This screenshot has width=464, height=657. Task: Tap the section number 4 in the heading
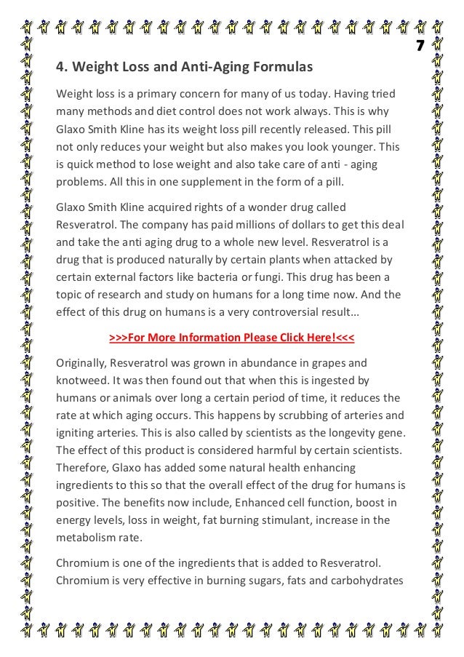[x=60, y=68]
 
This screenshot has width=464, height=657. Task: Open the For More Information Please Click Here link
[x=231, y=338]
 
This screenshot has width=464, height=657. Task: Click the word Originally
[x=84, y=363]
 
